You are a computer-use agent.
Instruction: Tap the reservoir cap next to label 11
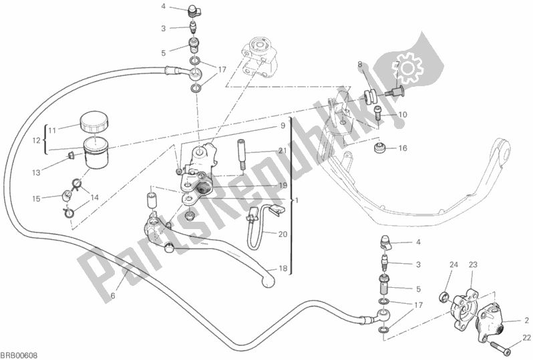[92, 124]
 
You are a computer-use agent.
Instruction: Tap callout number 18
[283, 268]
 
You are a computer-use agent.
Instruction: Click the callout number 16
[403, 148]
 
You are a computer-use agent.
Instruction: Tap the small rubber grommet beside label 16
[380, 148]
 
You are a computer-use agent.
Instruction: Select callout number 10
[403, 115]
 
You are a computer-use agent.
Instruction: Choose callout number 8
[359, 65]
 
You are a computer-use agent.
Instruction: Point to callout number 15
[37, 198]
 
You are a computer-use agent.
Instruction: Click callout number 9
[283, 125]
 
